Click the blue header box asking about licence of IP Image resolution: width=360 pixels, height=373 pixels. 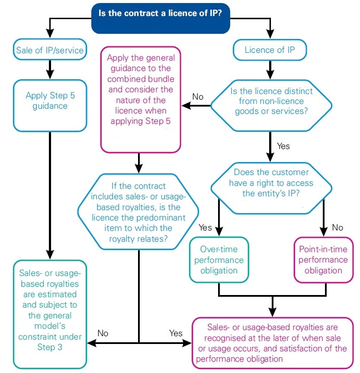tap(161, 19)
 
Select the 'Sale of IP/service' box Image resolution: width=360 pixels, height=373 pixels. tap(50, 50)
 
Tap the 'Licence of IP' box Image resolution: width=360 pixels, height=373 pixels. tap(270, 50)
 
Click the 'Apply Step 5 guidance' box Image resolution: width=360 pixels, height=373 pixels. tap(50, 101)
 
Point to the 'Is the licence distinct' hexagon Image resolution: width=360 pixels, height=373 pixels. tap(271, 102)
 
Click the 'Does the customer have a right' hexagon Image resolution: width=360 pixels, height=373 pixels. tap(271, 182)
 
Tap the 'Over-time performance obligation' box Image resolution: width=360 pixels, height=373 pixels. tap(219, 260)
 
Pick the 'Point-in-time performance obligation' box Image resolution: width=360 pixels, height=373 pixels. tap(323, 260)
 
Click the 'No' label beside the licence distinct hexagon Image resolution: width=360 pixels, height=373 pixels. tap(198, 97)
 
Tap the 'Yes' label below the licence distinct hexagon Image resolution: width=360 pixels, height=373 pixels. tap(283, 146)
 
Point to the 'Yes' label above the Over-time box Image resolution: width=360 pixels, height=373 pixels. tap(205, 227)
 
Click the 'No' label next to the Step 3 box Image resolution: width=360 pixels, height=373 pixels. tap(103, 333)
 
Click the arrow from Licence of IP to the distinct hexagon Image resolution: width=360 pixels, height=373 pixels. tap(270, 70)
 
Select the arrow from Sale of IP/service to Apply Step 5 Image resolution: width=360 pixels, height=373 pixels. tap(50, 68)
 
